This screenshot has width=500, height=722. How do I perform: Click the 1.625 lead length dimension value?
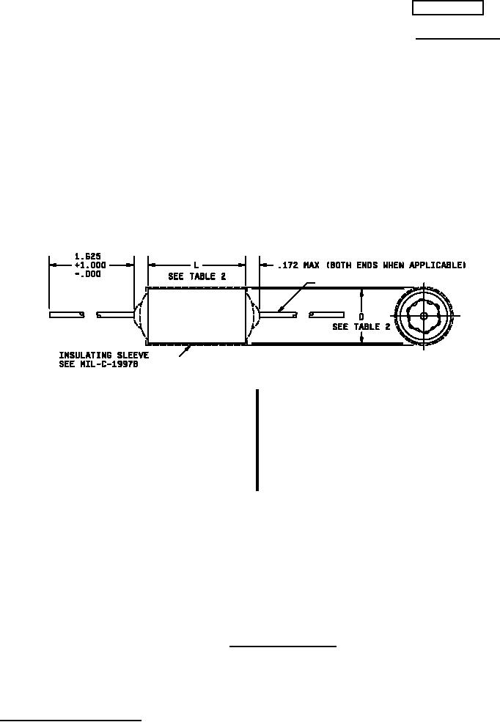pos(87,257)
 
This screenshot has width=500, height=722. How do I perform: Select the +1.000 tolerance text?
pos(89,265)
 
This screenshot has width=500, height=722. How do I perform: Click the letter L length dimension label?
pos(196,265)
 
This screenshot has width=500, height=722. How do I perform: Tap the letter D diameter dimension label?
pos(361,317)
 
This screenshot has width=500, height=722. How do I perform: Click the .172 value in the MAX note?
pos(287,265)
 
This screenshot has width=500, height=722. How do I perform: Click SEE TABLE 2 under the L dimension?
pos(197,276)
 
